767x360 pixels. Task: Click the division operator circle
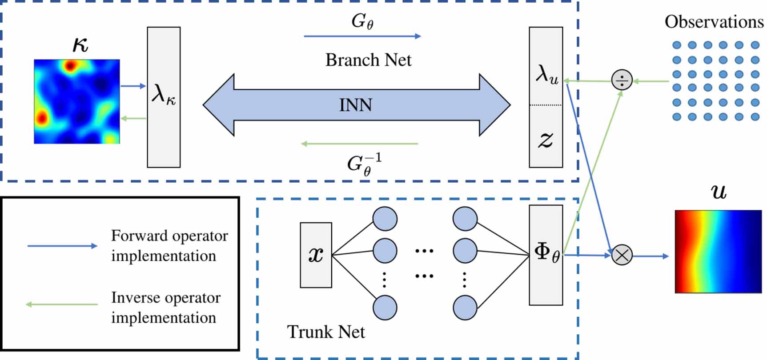pos(622,80)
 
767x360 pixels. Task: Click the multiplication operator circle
pos(622,255)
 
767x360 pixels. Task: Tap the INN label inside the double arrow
pos(355,105)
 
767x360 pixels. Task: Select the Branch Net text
pos(368,60)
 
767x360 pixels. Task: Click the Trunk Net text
pos(326,332)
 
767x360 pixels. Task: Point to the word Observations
pos(714,22)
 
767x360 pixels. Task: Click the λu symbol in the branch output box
pos(546,74)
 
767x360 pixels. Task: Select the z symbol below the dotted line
pos(546,140)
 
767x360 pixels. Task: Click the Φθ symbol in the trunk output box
pos(546,253)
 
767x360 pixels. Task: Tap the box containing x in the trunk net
pos(316,255)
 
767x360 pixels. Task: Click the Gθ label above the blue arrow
pos(362,21)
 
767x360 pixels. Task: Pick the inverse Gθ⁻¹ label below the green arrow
pos(364,164)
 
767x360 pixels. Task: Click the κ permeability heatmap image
pos(77,101)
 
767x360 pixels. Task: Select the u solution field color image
pos(718,252)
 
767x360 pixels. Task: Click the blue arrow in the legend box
pos(62,246)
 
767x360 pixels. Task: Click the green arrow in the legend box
pos(62,304)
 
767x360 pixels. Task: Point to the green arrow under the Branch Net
pos(359,144)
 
